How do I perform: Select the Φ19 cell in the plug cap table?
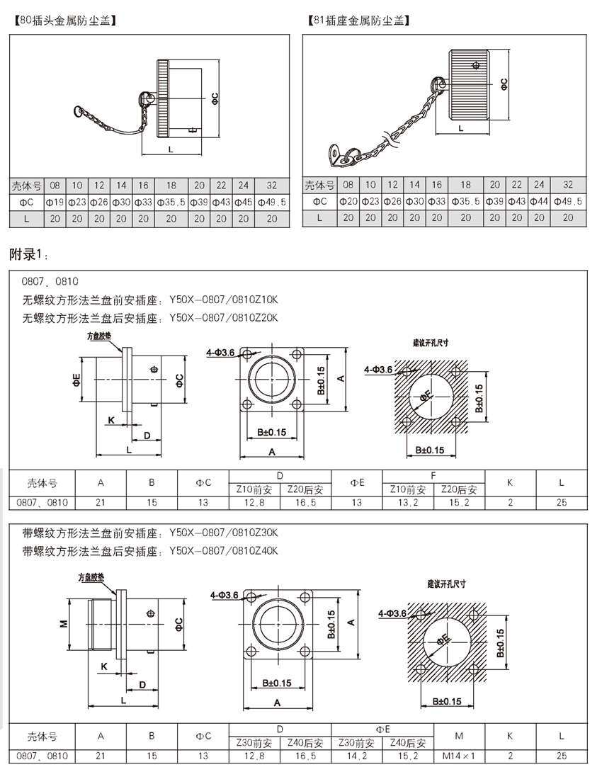55,202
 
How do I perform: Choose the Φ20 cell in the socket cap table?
348,201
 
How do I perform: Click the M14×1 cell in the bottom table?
459,756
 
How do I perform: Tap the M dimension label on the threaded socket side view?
63,623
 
